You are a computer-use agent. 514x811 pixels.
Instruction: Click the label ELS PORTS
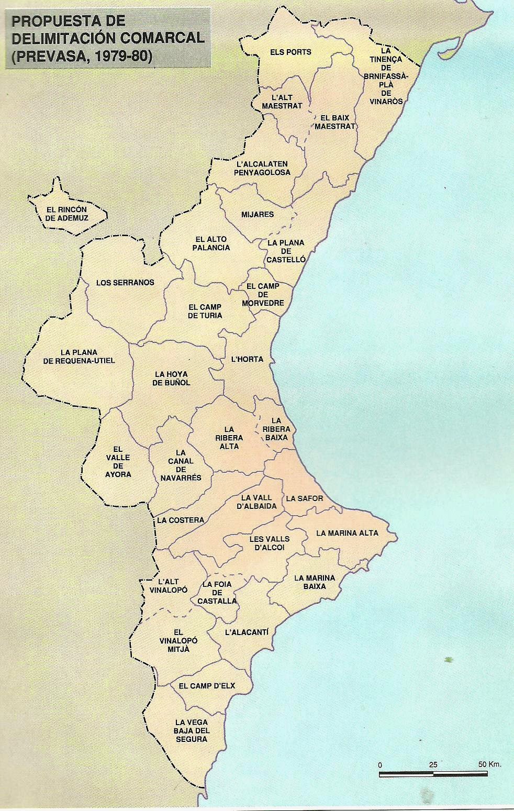pyautogui.click(x=290, y=52)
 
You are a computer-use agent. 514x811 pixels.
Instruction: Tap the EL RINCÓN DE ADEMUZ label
pyautogui.click(x=66, y=214)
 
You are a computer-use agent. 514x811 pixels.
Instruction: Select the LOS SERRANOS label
pyautogui.click(x=125, y=283)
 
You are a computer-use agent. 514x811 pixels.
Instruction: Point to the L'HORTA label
pyautogui.click(x=247, y=360)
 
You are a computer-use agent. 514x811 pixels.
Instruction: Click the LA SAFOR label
pyautogui.click(x=305, y=498)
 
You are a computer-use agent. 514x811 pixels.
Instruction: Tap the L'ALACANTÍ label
pyautogui.click(x=247, y=632)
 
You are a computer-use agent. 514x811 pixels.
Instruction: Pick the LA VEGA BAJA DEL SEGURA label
pyautogui.click(x=192, y=730)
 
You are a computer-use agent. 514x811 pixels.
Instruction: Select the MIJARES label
pyautogui.click(x=258, y=215)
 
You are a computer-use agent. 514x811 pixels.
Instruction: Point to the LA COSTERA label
pyautogui.click(x=180, y=520)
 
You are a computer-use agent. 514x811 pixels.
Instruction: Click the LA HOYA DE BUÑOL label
pyautogui.click(x=171, y=379)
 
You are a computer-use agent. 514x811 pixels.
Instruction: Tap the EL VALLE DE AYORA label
pyautogui.click(x=118, y=462)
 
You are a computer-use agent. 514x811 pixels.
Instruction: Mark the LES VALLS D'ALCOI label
pyautogui.click(x=270, y=543)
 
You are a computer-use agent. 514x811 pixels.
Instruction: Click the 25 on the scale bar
pyautogui.click(x=432, y=764)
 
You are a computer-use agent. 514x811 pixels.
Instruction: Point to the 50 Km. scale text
pyautogui.click(x=489, y=764)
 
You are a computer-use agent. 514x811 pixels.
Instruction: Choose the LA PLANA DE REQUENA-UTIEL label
pyautogui.click(x=79, y=357)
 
